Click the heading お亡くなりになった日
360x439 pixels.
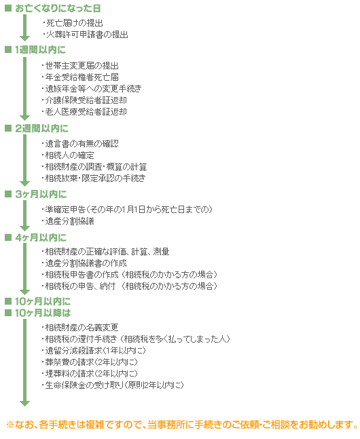pos(58,8)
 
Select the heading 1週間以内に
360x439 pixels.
pos(40,50)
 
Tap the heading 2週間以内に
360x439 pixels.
pos(42,128)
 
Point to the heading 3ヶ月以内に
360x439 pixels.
pos(41,194)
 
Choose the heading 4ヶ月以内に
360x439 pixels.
pos(41,237)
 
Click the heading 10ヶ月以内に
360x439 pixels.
pos(43,301)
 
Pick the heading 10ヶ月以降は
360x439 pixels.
pos(43,313)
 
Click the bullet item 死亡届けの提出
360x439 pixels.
pos(73,23)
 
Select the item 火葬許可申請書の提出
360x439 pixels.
pos(86,35)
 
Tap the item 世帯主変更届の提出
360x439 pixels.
pos(80,66)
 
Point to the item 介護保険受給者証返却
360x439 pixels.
pos(84,100)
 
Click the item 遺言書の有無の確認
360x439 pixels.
pos(80,144)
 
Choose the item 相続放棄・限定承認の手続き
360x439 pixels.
pos(94,178)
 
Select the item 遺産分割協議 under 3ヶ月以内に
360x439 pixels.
pos(68,221)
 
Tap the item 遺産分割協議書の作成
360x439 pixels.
pos(84,263)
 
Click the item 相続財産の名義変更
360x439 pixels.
pos(80,327)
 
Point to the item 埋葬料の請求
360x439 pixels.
pos(90,373)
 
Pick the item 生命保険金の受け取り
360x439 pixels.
pos(113,385)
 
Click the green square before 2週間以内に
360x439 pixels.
pos(8,128)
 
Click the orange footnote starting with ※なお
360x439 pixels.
pos(181,425)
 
